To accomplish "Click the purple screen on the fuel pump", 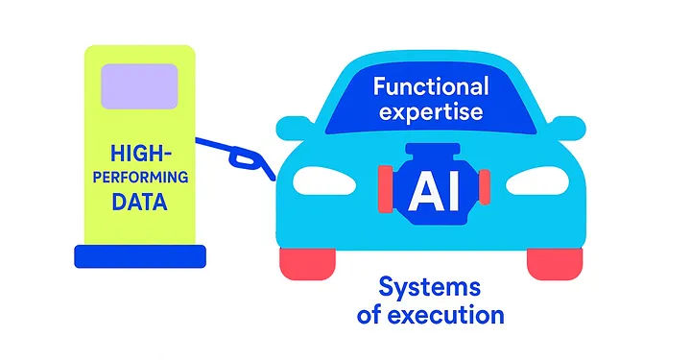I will (140, 84).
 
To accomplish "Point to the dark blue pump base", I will (140, 255).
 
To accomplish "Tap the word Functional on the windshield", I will (431, 86).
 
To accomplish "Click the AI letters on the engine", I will (434, 192).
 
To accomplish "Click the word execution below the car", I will (457, 314).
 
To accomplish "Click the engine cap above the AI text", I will (434, 152).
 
